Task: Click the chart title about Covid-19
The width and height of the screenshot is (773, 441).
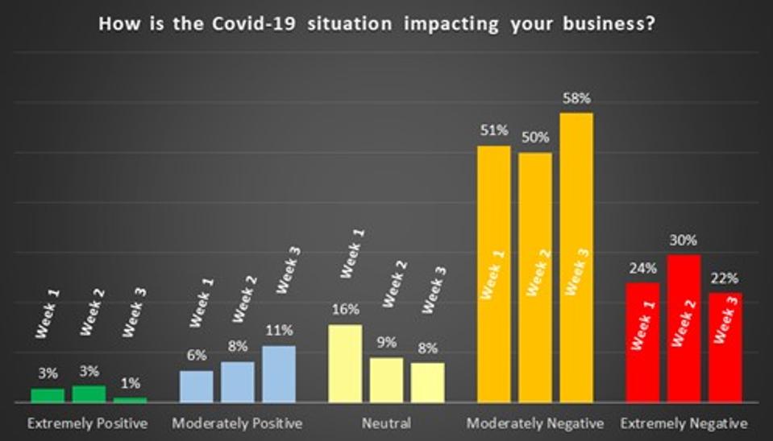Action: [376, 23]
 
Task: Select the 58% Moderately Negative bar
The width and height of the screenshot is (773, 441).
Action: [576, 258]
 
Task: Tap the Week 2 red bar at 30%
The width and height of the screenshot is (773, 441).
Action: [684, 328]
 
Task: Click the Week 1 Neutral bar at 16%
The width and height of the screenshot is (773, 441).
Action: [345, 363]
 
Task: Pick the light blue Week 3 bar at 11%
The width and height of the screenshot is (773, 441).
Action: [279, 374]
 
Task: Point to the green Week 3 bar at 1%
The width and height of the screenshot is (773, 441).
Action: [131, 399]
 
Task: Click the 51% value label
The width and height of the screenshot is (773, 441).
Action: [493, 131]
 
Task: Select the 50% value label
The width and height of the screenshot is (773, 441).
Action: [534, 138]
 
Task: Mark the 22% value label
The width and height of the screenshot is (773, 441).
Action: [725, 278]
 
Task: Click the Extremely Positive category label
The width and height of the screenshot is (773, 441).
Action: [87, 423]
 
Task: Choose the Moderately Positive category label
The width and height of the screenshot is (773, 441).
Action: [238, 423]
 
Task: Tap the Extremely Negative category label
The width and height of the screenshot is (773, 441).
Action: [684, 423]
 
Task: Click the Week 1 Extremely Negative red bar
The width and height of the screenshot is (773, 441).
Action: [642, 342]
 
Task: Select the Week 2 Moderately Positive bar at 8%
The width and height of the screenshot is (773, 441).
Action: [238, 381]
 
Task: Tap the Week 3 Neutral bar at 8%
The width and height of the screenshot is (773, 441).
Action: [427, 382]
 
